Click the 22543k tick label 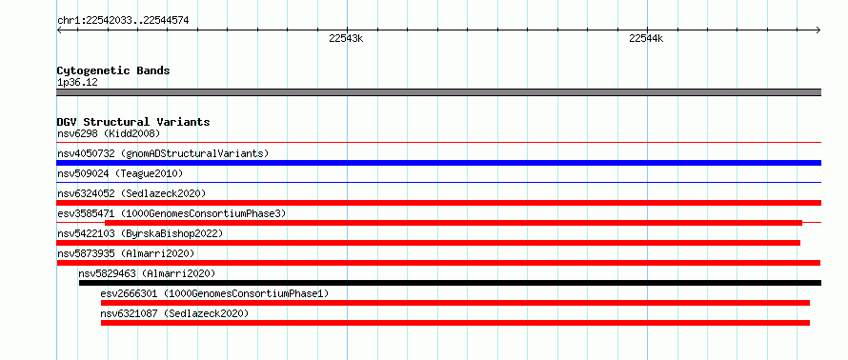coord(346,38)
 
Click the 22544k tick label coord(646,38)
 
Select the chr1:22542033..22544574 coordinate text coord(123,21)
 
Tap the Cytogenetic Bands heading coord(113,70)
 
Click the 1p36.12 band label coord(77,83)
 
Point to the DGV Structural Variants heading coord(133,122)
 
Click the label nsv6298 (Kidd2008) coord(109,133)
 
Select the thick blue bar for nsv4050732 coord(439,163)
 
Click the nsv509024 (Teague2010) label coord(120,173)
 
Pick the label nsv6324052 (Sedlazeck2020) coord(131,193)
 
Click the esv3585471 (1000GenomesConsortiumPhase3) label coord(172,213)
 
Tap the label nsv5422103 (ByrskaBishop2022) coord(140,233)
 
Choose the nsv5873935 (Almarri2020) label coord(126,253)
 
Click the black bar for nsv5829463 coord(450,283)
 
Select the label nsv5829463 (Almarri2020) coord(147,273)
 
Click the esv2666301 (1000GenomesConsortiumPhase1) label coord(214,293)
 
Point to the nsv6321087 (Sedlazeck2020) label coord(174,313)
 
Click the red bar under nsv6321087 coord(455,323)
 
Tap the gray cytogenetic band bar coord(439,92)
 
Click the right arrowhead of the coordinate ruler coord(818,30)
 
